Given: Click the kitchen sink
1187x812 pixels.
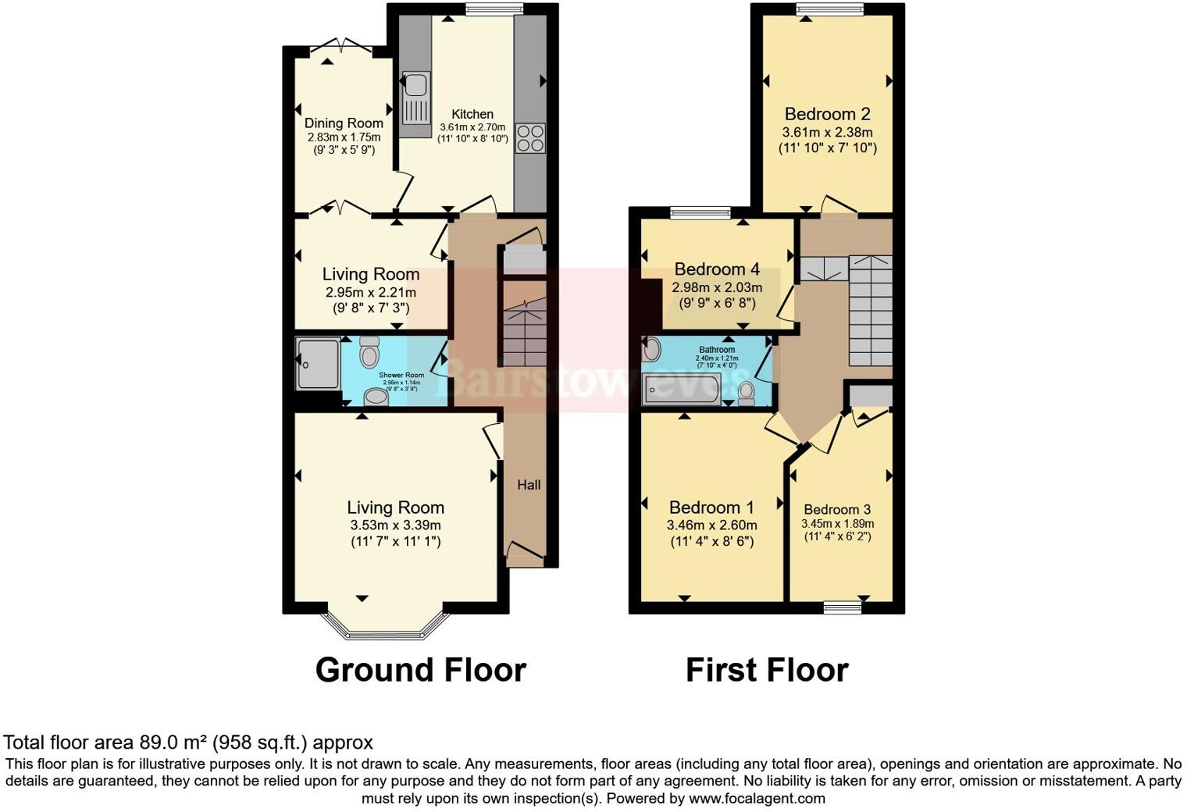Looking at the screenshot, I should pos(415,98).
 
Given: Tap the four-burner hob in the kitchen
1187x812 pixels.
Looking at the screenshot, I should pos(529,137).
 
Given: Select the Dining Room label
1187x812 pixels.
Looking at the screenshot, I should pos(344,123).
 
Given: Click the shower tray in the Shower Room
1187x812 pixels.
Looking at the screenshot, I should pos(318,363).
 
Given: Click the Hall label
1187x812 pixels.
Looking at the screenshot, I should pos(529,485).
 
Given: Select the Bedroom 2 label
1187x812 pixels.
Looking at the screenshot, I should pos(827,114).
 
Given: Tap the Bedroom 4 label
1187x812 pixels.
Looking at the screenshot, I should pos(717,269).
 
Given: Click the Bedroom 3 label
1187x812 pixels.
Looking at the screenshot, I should pos(837,509).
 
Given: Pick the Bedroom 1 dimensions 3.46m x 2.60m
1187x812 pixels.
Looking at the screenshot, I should pos(711,525).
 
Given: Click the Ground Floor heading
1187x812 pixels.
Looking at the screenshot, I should pos(420,670).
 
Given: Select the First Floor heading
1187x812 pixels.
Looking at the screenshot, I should pos(766,670).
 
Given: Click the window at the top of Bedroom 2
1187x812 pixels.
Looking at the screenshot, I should pos(829,9).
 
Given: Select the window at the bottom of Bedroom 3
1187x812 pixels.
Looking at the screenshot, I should pos(843,607).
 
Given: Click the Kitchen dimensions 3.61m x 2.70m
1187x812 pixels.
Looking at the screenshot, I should pos(472,127).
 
